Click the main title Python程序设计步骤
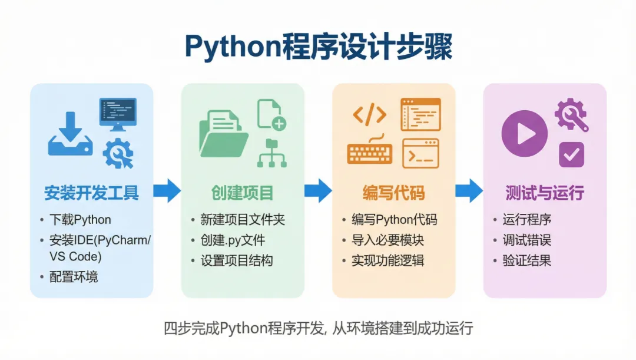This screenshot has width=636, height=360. click(x=318, y=47)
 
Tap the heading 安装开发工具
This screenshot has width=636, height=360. click(x=91, y=193)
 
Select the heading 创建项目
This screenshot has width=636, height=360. click(x=242, y=193)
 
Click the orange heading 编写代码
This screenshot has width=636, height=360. click(x=393, y=193)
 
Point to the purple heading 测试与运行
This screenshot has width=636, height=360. click(x=545, y=193)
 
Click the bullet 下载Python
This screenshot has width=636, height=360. click(x=80, y=220)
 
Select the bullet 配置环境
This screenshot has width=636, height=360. click(x=74, y=277)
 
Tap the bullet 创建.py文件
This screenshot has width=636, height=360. click(x=233, y=240)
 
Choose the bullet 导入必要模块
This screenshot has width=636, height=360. click(x=387, y=240)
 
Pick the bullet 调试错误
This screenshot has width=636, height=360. click(x=526, y=240)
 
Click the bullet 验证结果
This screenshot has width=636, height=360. click(x=526, y=260)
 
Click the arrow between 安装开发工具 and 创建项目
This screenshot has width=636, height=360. click(x=167, y=190)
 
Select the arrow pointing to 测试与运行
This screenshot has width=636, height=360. click(x=469, y=190)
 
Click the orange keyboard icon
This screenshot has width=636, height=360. click(x=369, y=153)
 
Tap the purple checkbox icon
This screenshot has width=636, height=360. click(x=571, y=154)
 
